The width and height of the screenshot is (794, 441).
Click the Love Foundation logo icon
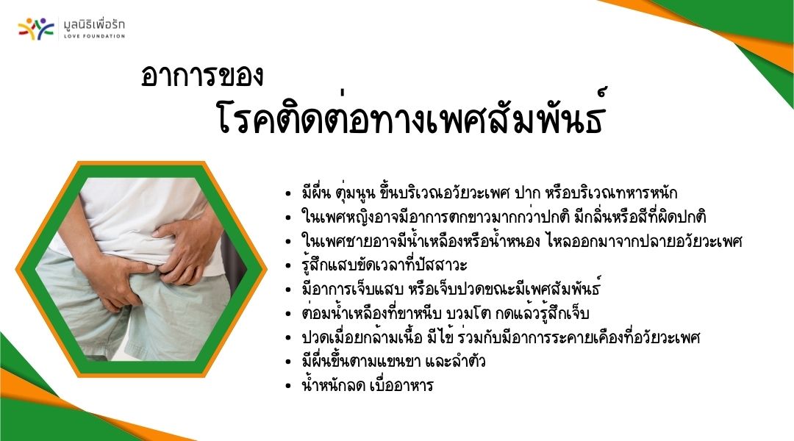pos(36,29)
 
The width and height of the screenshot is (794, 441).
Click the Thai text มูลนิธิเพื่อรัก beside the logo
pos(94,25)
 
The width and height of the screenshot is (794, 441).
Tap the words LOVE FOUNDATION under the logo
pos(94,36)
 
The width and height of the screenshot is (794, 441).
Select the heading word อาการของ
pos(202,75)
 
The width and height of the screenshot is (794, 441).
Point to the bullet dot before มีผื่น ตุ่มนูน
pos(288,194)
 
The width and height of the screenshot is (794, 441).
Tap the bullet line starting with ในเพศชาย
pos(521,240)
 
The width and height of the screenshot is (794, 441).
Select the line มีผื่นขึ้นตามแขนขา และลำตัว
pos(393,361)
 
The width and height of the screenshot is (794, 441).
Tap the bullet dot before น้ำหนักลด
pos(288,387)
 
